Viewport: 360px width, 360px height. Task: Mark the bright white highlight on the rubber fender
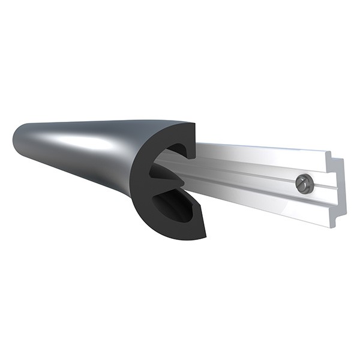(x=84, y=142)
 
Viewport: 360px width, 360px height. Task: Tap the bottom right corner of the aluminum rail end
(x=332, y=227)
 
